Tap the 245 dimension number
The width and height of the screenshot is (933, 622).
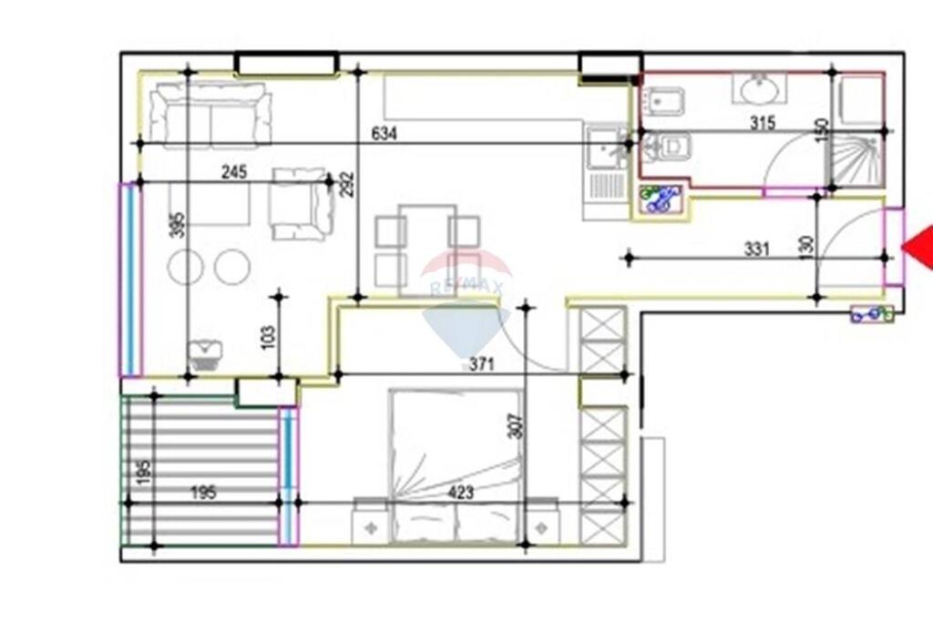(x=235, y=173)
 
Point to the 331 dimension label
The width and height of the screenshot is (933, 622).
(x=756, y=248)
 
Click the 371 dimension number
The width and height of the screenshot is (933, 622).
(x=481, y=364)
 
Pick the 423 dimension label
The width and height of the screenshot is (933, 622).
(x=462, y=494)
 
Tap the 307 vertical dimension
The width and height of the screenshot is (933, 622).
(x=516, y=426)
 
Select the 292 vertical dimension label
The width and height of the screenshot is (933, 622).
(x=346, y=185)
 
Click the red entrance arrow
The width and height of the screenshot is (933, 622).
(x=918, y=248)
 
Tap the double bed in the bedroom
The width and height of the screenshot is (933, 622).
(x=456, y=464)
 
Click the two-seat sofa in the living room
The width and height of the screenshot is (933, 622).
(x=211, y=115)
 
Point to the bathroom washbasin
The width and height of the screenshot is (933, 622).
(x=758, y=89)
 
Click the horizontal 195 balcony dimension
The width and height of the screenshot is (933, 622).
(x=203, y=494)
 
